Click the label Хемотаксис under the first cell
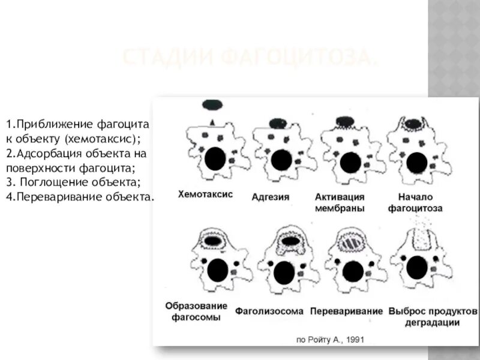click(x=205, y=194)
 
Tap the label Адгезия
click(x=271, y=197)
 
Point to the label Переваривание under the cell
click(x=346, y=311)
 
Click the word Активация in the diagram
click(x=340, y=197)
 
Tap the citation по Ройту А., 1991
click(x=330, y=339)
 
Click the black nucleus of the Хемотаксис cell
click(x=215, y=159)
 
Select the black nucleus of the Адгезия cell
click(x=281, y=160)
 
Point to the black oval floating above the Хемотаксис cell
click(x=212, y=106)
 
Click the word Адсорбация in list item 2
click(x=46, y=153)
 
